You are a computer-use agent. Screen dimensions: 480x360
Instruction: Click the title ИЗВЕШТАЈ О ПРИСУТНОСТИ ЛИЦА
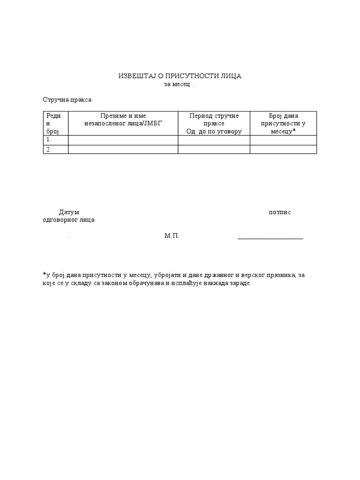[180, 76]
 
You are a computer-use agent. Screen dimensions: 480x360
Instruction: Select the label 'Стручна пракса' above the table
[67, 100]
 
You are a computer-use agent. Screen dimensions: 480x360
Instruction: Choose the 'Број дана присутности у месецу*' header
[283, 123]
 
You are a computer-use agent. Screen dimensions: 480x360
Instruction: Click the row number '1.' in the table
[49, 140]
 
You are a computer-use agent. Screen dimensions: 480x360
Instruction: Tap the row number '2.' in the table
[49, 150]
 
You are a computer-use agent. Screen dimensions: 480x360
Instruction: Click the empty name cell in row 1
[123, 140]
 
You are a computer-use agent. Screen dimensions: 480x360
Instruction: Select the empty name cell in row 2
[123, 150]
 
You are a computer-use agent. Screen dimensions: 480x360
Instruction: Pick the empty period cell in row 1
[214, 140]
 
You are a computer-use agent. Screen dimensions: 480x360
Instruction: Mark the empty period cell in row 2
[214, 150]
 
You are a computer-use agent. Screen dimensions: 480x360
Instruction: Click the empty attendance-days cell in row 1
[283, 140]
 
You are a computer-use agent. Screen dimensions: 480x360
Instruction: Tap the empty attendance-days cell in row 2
[283, 150]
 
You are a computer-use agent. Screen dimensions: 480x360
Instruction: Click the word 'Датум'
[69, 212]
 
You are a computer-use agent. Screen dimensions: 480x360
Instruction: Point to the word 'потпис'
[280, 212]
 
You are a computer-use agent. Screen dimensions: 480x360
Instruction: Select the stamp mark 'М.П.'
[172, 236]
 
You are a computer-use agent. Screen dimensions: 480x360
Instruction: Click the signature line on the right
[270, 239]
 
